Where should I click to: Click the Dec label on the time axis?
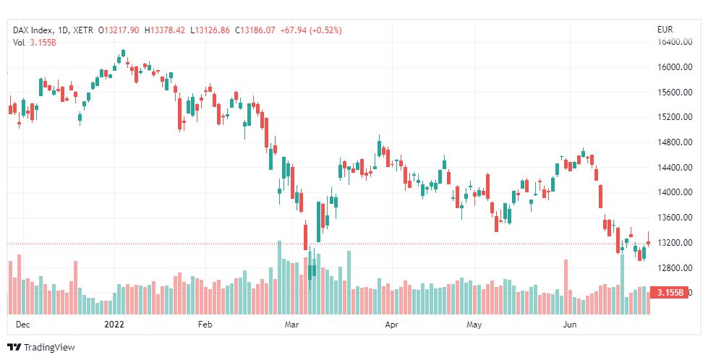point(22,325)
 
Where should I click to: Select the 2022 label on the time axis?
point(114,325)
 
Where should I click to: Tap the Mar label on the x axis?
point(292,325)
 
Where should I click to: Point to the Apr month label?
point(391,325)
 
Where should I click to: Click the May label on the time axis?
point(474,325)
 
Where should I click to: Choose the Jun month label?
point(569,325)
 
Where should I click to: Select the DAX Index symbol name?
point(34,30)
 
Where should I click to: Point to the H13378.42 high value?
point(165,30)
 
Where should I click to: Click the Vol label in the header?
point(20,43)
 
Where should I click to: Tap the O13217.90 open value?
point(121,30)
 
